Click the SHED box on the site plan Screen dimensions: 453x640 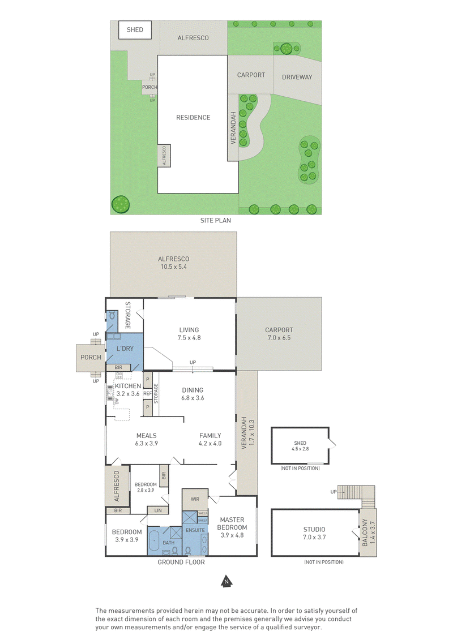135,30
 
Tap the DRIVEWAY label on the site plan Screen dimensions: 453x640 297,77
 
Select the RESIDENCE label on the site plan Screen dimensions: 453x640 193,118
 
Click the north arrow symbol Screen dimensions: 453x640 225,581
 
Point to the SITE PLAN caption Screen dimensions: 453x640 215,221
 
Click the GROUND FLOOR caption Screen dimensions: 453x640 181,562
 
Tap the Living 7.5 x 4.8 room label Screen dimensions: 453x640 189,333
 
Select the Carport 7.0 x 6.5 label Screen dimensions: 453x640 279,333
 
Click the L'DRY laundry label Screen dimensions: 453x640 125,349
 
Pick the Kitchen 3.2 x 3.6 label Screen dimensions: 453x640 128,390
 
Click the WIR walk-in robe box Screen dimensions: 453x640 195,499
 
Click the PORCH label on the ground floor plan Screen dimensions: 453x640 91,357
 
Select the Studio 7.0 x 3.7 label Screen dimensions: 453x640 314,533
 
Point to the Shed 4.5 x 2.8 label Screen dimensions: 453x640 300,446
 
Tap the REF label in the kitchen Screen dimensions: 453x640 147,393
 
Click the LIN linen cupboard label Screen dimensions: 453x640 158,510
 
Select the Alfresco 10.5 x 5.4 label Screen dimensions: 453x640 174,263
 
